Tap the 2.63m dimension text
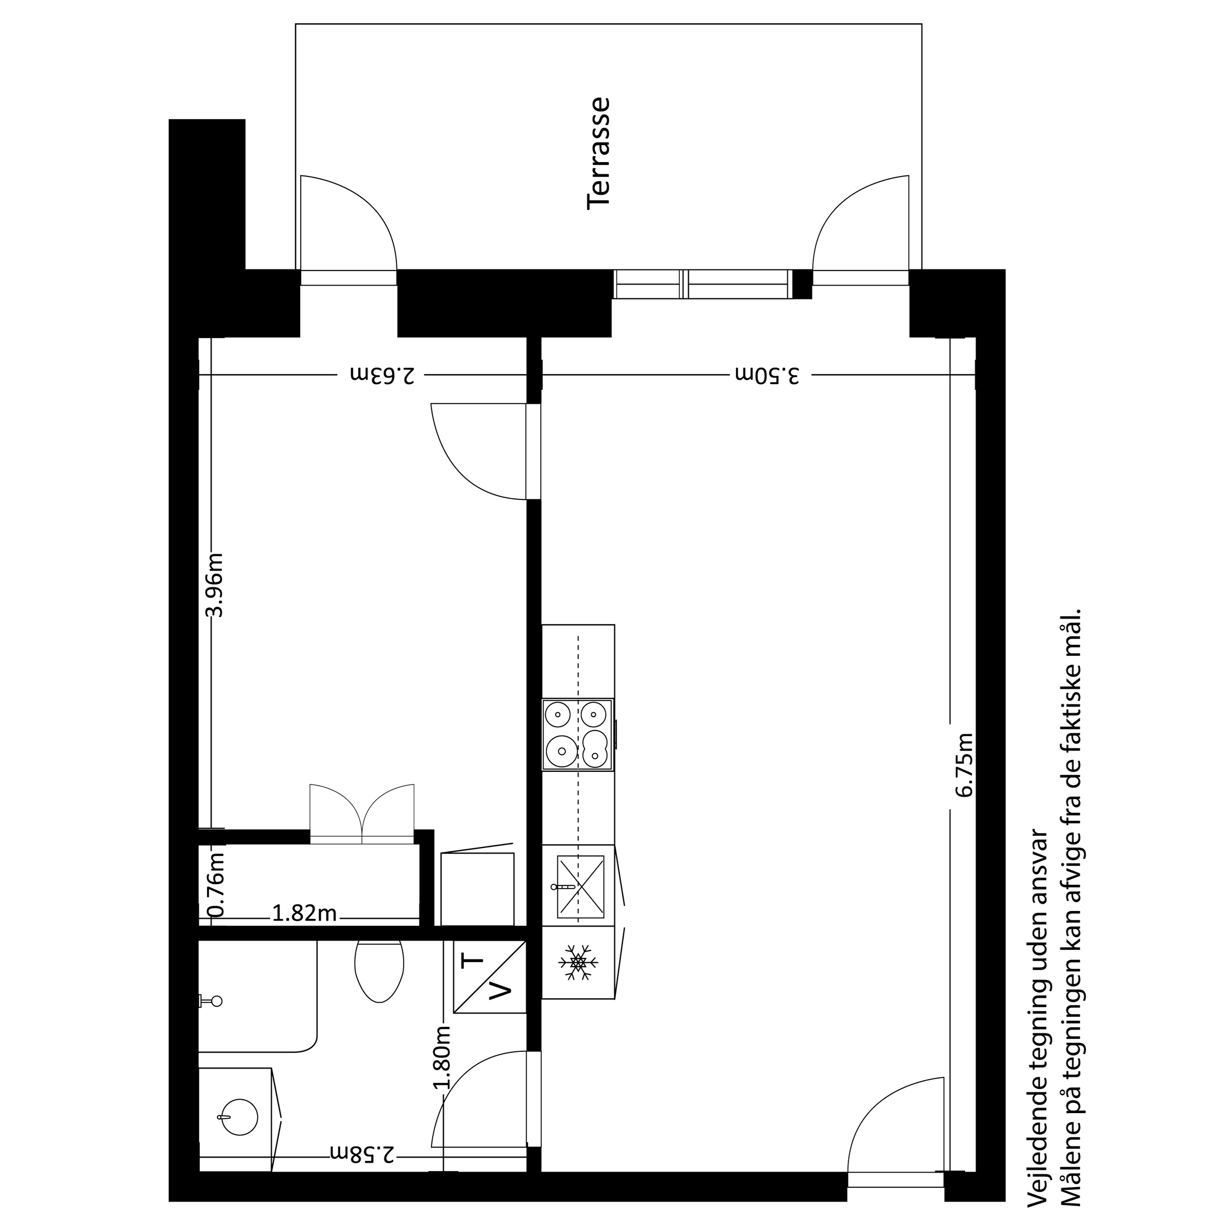click(x=383, y=375)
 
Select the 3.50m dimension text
click(x=767, y=375)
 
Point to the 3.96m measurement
click(x=215, y=585)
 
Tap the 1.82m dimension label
click(x=305, y=914)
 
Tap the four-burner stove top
click(x=577, y=734)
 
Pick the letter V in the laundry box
click(x=502, y=991)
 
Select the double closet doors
click(x=362, y=814)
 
